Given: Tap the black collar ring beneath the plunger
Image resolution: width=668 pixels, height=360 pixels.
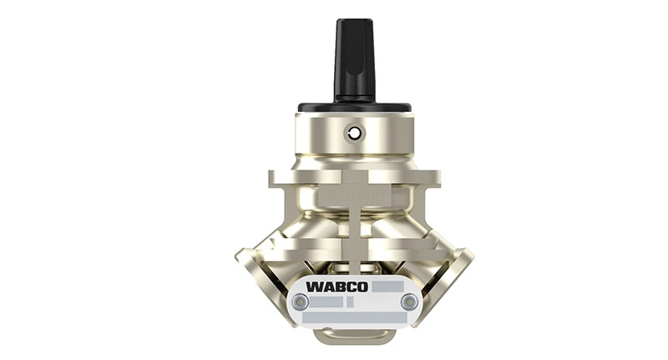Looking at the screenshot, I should click(x=354, y=108).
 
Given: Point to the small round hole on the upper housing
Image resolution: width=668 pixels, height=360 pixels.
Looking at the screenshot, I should click(x=355, y=133).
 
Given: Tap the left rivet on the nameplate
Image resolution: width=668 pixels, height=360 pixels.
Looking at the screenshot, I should click(x=300, y=302).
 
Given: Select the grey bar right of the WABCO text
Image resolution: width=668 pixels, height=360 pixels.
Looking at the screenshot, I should click(x=388, y=286).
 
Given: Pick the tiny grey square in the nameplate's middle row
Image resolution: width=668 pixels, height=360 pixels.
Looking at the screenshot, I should click(x=350, y=302).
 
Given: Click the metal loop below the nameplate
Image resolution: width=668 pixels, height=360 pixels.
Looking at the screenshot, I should click(x=354, y=336).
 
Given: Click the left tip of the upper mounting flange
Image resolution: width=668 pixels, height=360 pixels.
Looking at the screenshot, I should click(x=272, y=177).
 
